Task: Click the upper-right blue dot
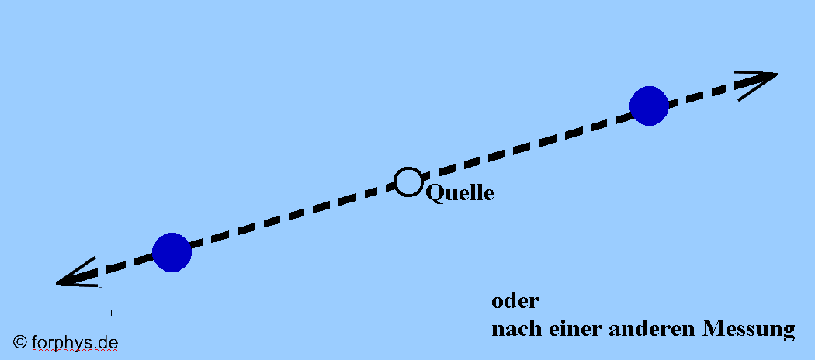point(649,106)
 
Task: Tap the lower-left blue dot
point(172,252)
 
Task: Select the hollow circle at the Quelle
point(407,181)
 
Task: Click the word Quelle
point(460,193)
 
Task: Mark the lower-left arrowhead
point(74,276)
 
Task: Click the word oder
point(515,302)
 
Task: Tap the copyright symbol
point(20,342)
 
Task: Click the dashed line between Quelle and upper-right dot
point(528,144)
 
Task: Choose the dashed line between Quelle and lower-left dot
point(287,217)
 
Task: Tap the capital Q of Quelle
point(433,192)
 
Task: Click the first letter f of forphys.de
point(34,341)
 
